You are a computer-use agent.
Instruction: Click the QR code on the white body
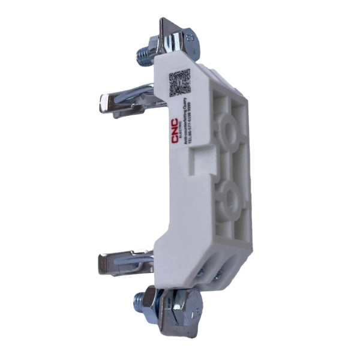click(x=179, y=83)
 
